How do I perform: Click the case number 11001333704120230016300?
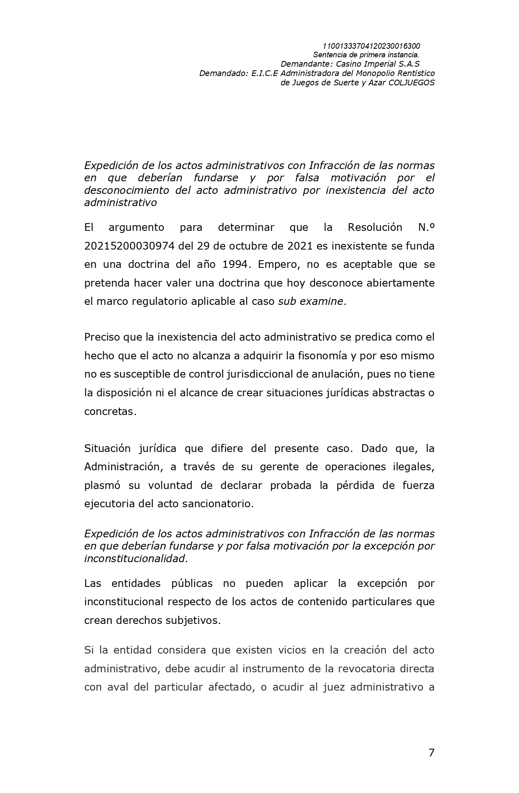point(371,46)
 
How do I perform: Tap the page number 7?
point(431,753)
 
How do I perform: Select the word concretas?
point(109,411)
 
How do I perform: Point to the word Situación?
point(107,448)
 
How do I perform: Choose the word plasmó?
point(101,485)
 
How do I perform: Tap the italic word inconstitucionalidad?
point(135,558)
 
